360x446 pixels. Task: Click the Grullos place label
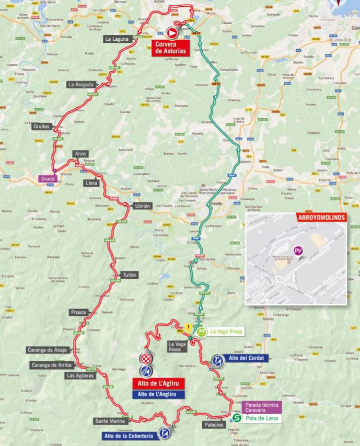tap(40, 127)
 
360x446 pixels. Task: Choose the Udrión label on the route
tap(143, 206)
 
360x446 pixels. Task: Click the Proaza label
tap(78, 312)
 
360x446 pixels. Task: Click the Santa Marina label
tap(109, 421)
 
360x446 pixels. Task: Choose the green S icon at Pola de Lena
tap(237, 418)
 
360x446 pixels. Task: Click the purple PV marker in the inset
tap(299, 251)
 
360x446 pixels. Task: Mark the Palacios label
tap(215, 425)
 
